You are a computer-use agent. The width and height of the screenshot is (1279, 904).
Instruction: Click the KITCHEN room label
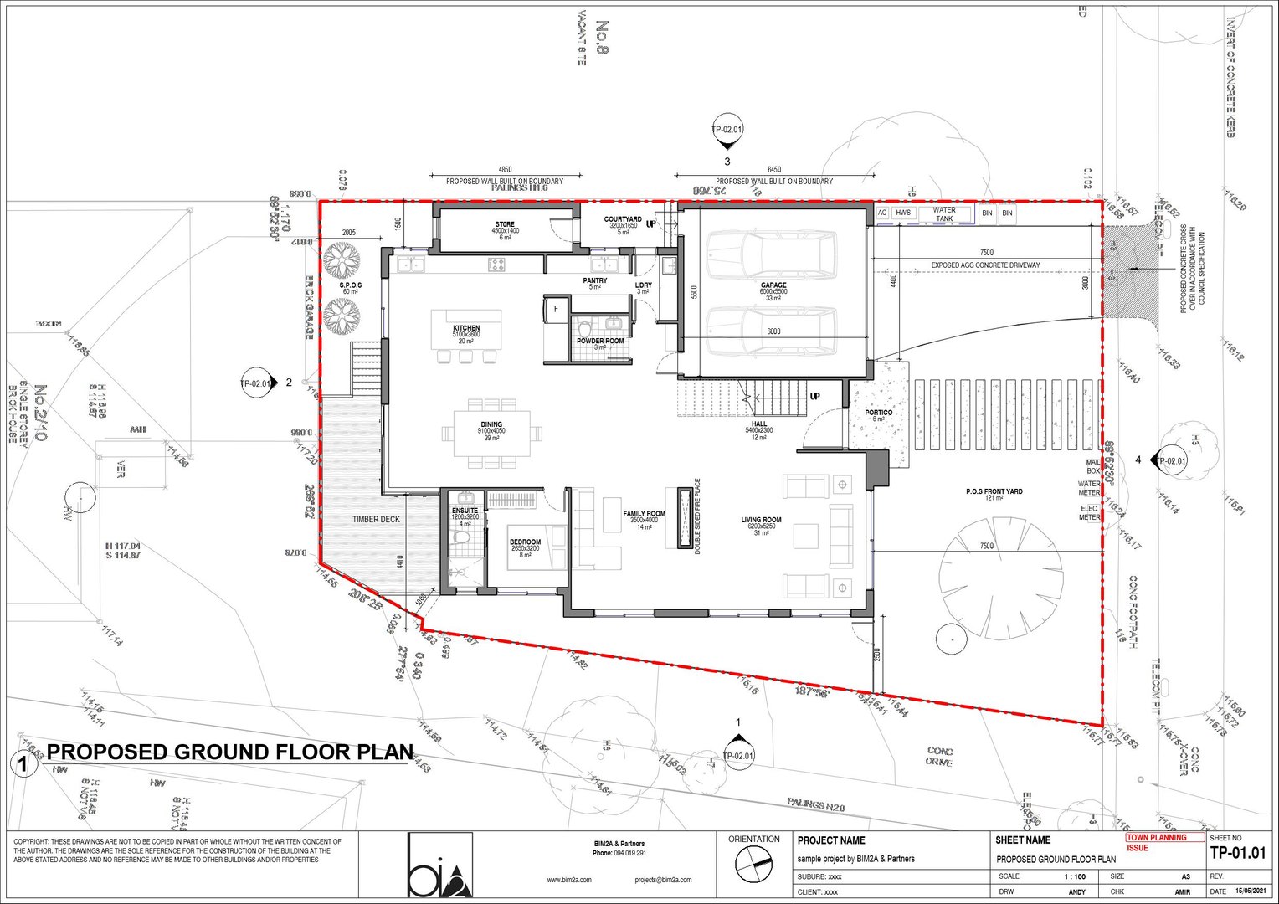click(466, 328)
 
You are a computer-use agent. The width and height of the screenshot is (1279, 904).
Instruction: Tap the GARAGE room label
click(773, 285)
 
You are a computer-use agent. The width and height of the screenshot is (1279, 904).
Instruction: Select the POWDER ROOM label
click(600, 342)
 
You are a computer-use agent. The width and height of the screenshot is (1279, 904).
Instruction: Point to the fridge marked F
click(556, 309)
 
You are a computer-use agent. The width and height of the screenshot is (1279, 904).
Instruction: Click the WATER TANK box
click(944, 214)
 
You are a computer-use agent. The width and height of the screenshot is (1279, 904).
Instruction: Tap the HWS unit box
click(902, 213)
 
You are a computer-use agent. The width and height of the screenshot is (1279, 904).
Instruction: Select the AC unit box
click(882, 213)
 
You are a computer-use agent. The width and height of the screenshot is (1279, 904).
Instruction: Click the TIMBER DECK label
click(376, 520)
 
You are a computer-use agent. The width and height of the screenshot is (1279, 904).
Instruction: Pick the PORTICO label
click(878, 413)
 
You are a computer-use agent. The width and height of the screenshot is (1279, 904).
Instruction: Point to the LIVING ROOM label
click(761, 521)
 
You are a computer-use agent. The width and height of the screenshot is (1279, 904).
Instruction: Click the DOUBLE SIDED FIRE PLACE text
click(697, 516)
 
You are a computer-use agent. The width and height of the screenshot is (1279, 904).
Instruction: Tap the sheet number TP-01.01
click(1238, 854)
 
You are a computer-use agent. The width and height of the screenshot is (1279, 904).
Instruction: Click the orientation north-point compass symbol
click(753, 865)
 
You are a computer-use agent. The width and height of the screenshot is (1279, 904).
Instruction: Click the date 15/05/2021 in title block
click(1251, 891)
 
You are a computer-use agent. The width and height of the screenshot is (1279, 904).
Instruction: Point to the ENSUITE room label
click(465, 511)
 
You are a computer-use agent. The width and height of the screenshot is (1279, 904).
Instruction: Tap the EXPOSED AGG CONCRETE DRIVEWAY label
click(985, 265)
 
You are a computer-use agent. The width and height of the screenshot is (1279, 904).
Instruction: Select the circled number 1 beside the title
click(23, 763)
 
